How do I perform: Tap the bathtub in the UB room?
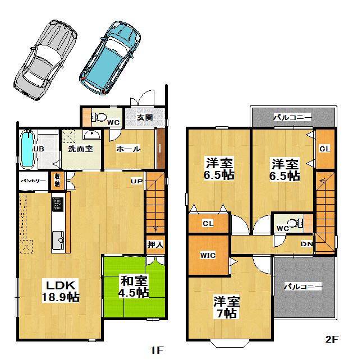(27, 149)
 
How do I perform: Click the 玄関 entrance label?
(144, 118)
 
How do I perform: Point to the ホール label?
(128, 149)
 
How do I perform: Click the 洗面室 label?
(80, 150)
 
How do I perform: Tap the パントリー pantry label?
(33, 181)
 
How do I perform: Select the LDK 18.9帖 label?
(59, 290)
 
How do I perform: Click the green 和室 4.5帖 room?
(133, 286)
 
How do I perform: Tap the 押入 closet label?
(155, 244)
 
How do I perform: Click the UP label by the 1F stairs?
(136, 181)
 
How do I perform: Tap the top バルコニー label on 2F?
(292, 118)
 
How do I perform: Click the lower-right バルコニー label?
(303, 287)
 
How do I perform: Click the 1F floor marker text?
(157, 350)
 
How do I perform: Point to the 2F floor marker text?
(332, 339)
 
